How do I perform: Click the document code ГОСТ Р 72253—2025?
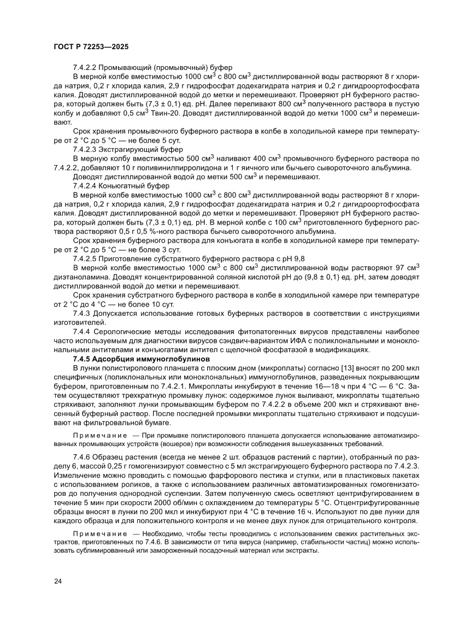click(x=91, y=47)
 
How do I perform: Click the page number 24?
click(x=58, y=581)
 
